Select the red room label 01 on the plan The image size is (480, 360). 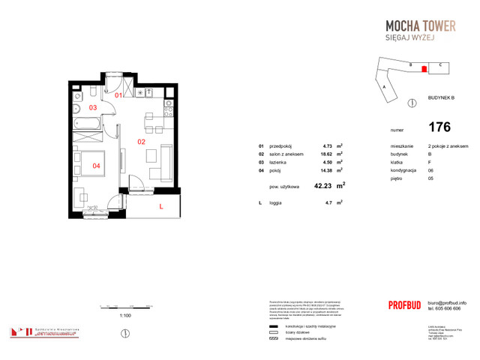tap(118, 96)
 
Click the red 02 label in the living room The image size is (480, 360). tap(140, 140)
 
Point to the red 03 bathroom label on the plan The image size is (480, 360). tap(93, 108)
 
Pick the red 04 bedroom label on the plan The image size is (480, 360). tap(96, 165)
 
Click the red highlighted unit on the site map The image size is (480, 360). tap(424, 69)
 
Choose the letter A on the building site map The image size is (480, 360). tap(384, 88)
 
